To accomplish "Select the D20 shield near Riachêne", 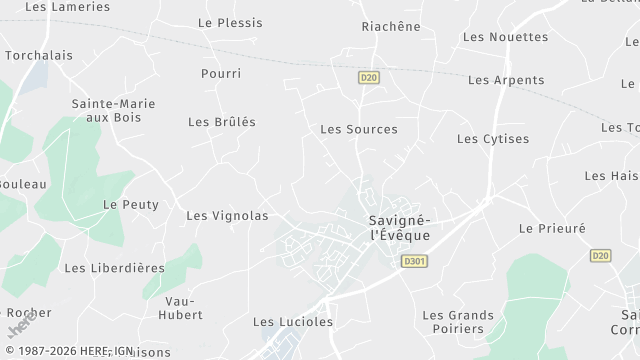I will pos(369,76).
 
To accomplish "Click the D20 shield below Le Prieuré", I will pos(600,256).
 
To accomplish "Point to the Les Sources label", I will pos(358,129).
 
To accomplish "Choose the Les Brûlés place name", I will pos(222,122).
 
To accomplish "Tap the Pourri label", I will pos(220,74).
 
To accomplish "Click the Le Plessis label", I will pos(230,22).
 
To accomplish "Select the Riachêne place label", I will pos(391,26).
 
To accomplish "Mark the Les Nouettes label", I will pos(506,37).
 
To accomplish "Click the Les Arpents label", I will pos(506,80).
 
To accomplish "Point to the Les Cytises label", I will pos(493,139).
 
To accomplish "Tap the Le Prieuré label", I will pos(552,228).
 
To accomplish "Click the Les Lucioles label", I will pos(292,322).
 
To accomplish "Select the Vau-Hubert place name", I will pos(182,308).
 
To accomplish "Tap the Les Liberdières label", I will pos(114,268).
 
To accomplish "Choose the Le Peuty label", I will pos(131,204).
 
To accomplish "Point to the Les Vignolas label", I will pos(227,215).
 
